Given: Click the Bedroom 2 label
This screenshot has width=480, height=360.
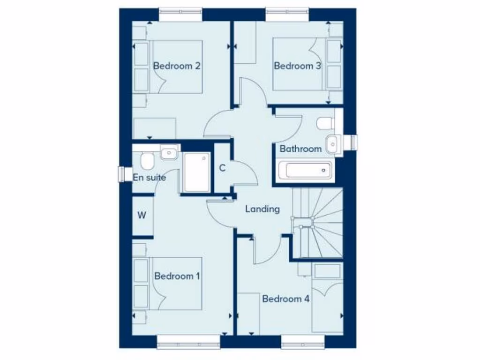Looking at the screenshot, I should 177,66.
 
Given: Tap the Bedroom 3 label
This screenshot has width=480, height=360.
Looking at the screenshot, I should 297,66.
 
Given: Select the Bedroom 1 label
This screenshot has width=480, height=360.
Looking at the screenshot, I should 177,276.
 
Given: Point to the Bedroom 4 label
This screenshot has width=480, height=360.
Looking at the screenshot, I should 286,299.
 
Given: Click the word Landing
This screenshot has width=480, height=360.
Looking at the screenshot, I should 262,209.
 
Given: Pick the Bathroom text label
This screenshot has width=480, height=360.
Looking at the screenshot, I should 300,149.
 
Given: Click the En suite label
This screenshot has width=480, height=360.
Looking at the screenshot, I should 150,177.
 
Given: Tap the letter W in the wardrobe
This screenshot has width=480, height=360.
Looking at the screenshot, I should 142,216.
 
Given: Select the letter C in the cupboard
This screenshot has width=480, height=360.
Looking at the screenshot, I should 222,168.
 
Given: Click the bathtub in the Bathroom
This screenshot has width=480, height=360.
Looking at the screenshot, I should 305,170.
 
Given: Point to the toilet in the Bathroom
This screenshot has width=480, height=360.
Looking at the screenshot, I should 324,123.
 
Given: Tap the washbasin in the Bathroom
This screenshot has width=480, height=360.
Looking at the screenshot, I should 331,143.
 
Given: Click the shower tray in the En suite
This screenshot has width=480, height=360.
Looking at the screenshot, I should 196,172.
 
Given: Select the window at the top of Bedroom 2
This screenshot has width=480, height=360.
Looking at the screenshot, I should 180,15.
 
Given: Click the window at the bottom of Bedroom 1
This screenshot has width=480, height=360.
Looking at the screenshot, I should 188,342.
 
